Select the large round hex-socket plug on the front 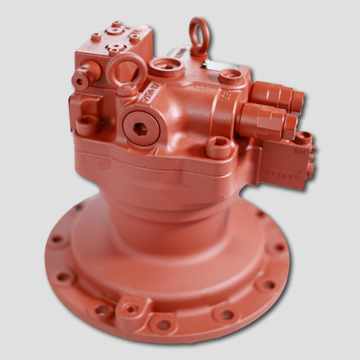point(141,128)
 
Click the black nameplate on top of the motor point(218,65)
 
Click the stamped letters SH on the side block point(298,151)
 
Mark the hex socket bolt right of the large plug point(218,147)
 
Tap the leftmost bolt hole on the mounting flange point(57,240)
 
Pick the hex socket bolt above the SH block point(303,137)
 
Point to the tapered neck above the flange point(170,216)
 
